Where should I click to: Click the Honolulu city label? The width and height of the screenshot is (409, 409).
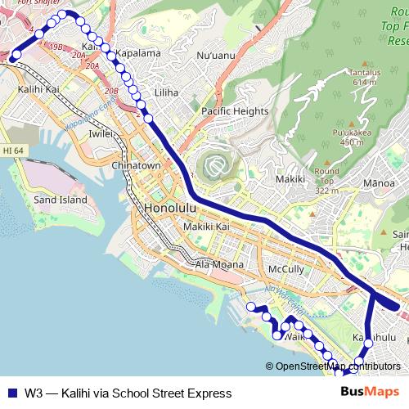pyautogui.click(x=169, y=208)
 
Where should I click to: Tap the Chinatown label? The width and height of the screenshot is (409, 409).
pyautogui.click(x=137, y=165)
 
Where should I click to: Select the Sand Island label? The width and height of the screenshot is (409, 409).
pyautogui.click(x=61, y=200)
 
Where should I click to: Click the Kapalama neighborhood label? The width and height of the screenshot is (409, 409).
pyautogui.click(x=137, y=52)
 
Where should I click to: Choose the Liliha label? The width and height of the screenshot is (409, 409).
pyautogui.click(x=166, y=92)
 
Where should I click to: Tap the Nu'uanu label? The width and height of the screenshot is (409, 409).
pyautogui.click(x=216, y=56)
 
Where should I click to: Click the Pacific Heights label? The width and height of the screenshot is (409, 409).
pyautogui.click(x=235, y=111)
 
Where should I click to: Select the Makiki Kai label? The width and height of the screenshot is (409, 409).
pyautogui.click(x=205, y=226)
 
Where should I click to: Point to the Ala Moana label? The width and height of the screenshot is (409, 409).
pyautogui.click(x=215, y=264)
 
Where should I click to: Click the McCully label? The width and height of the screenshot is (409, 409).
pyautogui.click(x=286, y=269)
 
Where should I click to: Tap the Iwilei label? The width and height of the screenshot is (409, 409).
pyautogui.click(x=101, y=133)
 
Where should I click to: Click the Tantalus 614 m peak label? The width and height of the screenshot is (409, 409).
pyautogui.click(x=365, y=77)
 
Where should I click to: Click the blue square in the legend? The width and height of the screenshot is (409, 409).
pyautogui.click(x=11, y=393)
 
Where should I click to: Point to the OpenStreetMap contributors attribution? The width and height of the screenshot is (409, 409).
pyautogui.click(x=333, y=366)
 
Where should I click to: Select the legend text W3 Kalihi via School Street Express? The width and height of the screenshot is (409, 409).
pyautogui.click(x=128, y=393)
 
